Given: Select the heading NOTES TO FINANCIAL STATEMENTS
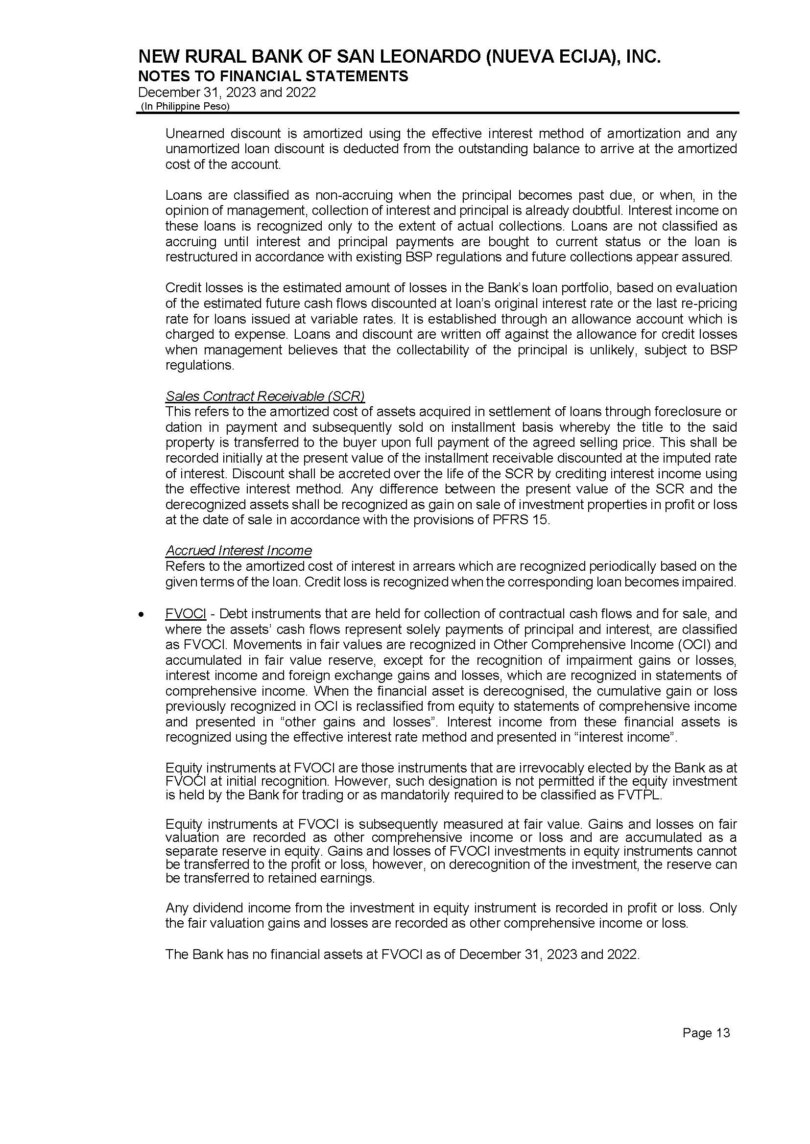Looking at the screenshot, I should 273,76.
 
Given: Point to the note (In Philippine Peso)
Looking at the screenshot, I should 186,107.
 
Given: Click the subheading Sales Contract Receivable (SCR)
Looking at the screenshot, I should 265,397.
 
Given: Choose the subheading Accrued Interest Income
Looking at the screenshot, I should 238,550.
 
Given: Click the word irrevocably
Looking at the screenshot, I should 519,768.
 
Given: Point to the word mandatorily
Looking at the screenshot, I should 421,795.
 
